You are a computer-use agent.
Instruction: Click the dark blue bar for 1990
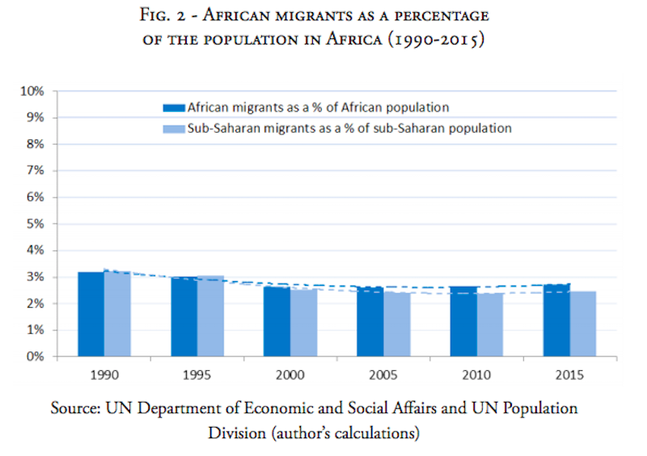click(91, 314)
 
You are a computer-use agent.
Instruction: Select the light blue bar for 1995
click(209, 316)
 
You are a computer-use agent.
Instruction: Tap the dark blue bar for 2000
click(277, 322)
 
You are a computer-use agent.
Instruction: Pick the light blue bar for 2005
click(395, 325)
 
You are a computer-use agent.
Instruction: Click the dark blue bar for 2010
click(463, 322)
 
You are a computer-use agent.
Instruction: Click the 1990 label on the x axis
click(104, 378)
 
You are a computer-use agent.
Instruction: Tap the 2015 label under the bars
click(569, 378)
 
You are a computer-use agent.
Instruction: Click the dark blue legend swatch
click(171, 107)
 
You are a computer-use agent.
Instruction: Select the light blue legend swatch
click(171, 128)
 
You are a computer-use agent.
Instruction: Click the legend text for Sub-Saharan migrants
click(349, 128)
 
